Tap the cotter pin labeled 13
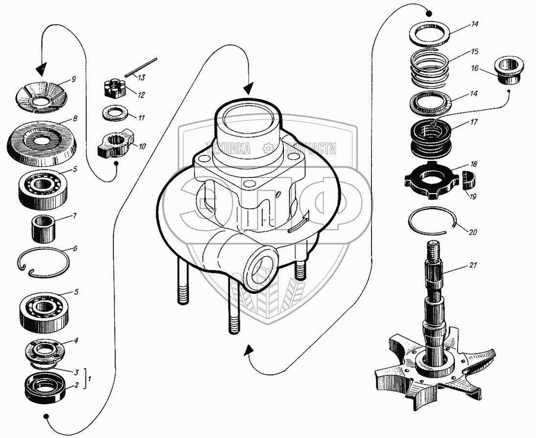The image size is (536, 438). (141, 68)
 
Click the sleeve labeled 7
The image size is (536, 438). (44, 228)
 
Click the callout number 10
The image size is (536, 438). (141, 146)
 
